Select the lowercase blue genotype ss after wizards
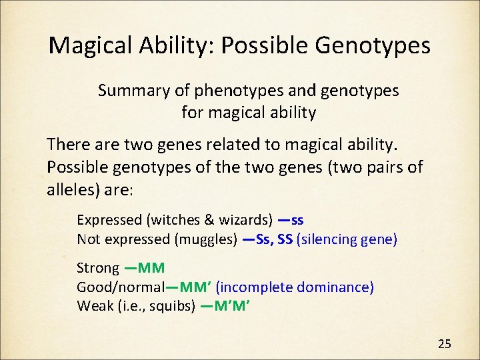pos(297,220)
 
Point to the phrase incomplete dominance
pos(295,287)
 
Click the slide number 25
pos(445,344)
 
